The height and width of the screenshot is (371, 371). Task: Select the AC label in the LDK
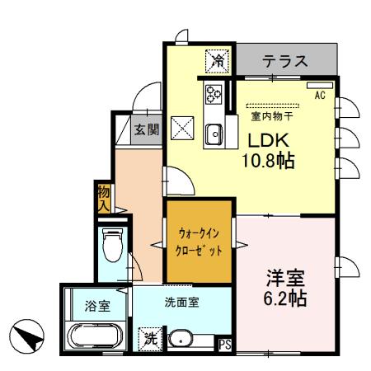(x=320, y=94)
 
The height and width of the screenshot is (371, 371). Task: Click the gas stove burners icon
(x=213, y=93)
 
